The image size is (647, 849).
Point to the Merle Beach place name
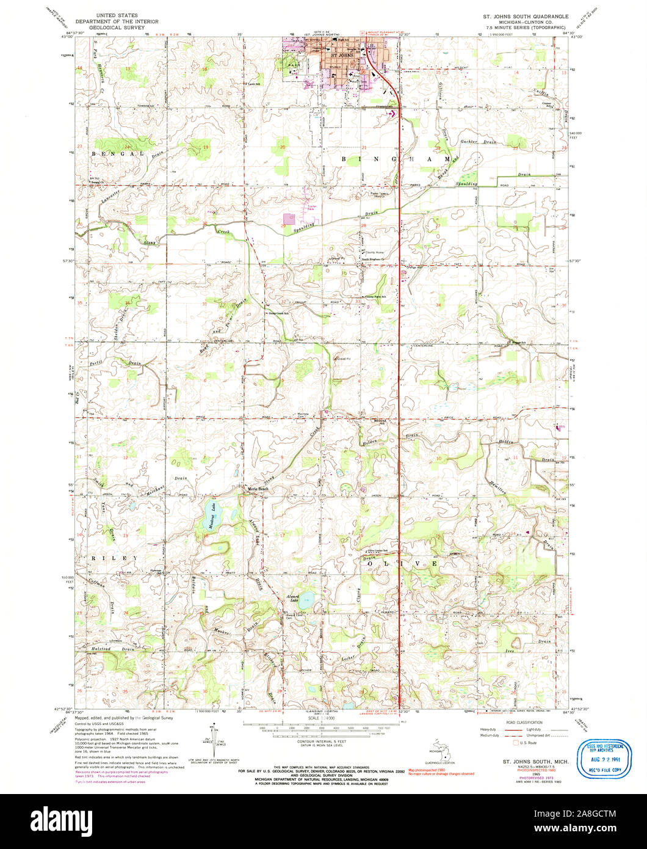[x=256, y=489]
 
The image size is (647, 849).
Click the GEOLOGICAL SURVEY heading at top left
[x=120, y=27]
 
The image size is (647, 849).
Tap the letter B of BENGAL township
[x=94, y=154]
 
